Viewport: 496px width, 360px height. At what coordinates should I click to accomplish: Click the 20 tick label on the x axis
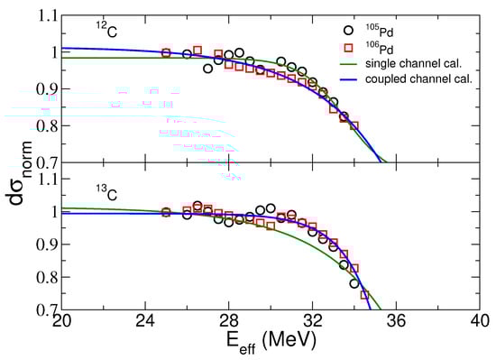coord(61,324)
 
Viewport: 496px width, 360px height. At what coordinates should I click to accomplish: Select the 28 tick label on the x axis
coord(229,324)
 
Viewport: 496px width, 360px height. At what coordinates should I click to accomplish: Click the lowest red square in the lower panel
coord(365,294)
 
